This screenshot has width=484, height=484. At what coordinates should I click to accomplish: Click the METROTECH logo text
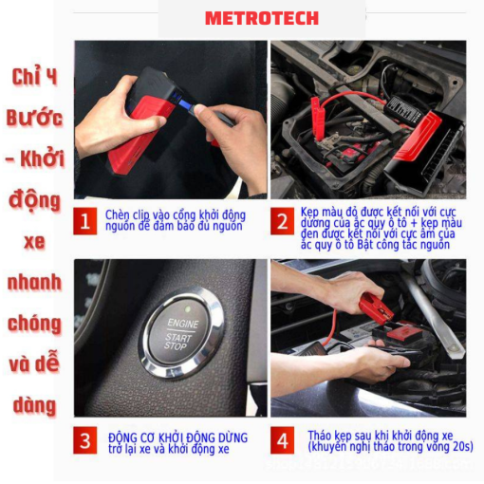262,18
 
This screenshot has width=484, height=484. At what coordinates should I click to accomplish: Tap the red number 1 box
85,221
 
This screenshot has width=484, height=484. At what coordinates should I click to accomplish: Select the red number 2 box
282,221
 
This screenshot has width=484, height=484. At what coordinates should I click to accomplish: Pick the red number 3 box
85,440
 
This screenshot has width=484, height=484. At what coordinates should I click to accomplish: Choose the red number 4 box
282,440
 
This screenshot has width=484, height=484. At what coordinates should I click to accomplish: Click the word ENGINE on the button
183,324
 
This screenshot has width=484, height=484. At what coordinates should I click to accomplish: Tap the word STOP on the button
175,345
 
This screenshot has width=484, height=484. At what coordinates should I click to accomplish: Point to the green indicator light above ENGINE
187,308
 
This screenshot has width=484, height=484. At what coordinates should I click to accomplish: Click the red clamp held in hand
377,307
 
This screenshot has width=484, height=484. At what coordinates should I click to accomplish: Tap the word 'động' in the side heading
34,200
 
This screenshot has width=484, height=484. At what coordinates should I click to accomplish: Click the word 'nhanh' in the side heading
34,283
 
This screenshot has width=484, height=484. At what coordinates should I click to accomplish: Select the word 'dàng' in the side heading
34,405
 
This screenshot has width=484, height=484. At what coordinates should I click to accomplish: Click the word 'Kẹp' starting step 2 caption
309,213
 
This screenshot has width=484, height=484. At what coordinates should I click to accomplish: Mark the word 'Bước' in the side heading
34,118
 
